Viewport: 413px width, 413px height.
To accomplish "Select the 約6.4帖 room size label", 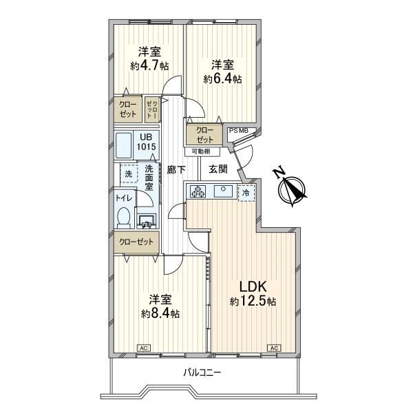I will click(222, 79).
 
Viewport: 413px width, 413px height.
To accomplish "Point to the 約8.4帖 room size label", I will click(160, 314).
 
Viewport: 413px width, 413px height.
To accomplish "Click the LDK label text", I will click(253, 287).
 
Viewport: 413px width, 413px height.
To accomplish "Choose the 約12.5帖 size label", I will click(253, 301).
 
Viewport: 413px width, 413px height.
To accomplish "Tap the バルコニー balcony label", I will click(202, 372).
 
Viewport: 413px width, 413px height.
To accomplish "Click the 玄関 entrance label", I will click(218, 169).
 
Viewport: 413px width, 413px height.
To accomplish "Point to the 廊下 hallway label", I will click(175, 169).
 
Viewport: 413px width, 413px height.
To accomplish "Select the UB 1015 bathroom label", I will click(145, 142).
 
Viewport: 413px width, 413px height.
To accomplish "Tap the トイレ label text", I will click(124, 198).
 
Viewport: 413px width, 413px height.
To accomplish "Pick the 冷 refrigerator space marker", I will click(246, 193).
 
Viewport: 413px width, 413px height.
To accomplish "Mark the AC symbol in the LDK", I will click(274, 348).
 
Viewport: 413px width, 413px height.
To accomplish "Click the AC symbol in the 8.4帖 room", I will click(145, 348).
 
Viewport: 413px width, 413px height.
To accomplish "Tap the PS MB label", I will click(239, 130).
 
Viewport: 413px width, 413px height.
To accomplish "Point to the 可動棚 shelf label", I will click(201, 151).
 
